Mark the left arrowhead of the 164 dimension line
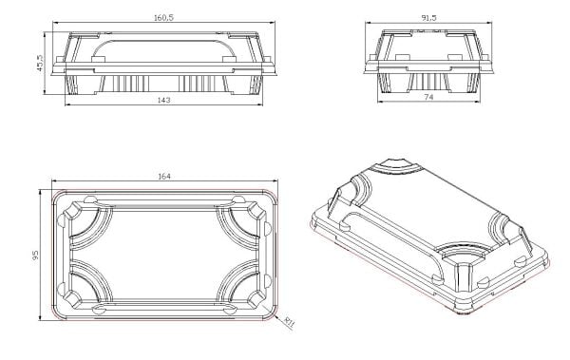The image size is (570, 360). tap(52, 182)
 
